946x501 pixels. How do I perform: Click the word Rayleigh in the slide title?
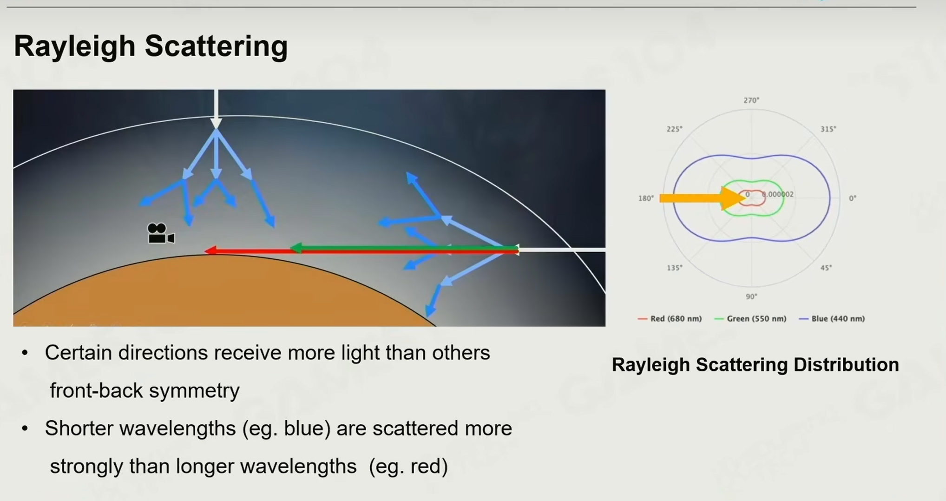(x=74, y=47)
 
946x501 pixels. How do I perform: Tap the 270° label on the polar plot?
(x=751, y=100)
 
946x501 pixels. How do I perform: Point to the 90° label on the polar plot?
(x=751, y=297)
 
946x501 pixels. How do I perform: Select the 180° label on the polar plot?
(x=646, y=198)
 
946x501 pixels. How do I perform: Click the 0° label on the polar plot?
(x=853, y=198)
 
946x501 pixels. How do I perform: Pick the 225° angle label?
(x=675, y=129)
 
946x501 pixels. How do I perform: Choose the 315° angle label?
(x=828, y=129)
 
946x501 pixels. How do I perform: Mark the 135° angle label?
(x=675, y=268)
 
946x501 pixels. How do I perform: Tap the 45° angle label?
(x=826, y=268)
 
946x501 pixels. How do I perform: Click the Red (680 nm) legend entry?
(x=670, y=319)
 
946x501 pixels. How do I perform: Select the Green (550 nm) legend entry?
(x=750, y=319)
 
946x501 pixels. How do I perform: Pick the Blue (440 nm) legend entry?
(x=832, y=319)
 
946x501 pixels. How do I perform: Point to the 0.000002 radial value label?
(x=778, y=194)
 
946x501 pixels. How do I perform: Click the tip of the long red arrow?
(x=205, y=251)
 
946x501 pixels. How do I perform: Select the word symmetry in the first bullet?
(x=194, y=391)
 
